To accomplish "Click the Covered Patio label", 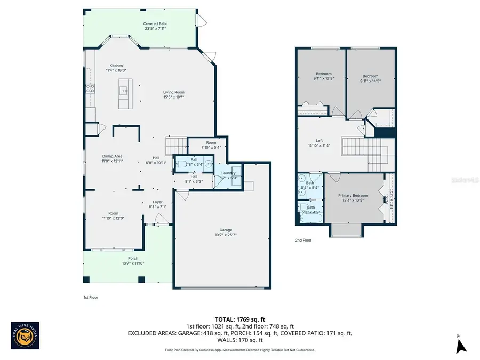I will [x=155, y=23].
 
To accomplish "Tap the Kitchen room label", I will [x=116, y=66].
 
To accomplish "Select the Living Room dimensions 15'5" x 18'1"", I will [x=174, y=97].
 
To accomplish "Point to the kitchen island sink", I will [x=125, y=91].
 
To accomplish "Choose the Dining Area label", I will [x=113, y=156].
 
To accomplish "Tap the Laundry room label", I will [x=228, y=173].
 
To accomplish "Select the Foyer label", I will [x=157, y=202].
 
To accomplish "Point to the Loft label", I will [x=319, y=140].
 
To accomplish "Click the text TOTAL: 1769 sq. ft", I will [x=240, y=319].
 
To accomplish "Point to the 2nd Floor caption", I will [x=303, y=241].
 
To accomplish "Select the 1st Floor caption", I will [x=91, y=297].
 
